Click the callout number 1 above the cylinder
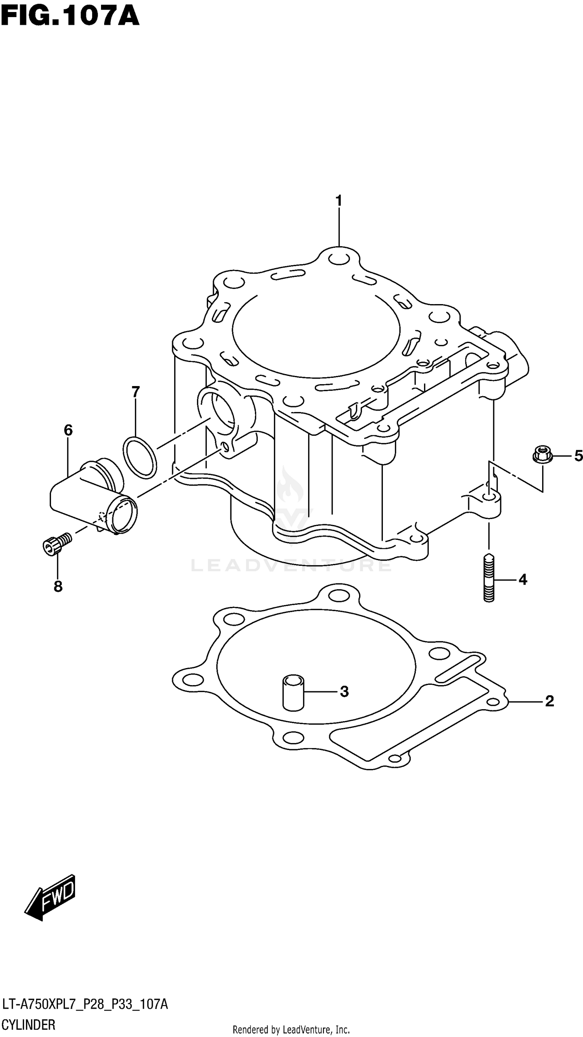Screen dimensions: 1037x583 339,200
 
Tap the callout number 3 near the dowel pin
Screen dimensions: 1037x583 344,692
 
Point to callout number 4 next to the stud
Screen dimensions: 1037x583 523,580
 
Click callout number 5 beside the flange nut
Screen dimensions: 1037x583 578,456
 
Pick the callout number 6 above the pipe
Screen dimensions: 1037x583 68,430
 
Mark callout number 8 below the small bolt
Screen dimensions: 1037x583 58,586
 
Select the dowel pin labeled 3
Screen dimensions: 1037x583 293,692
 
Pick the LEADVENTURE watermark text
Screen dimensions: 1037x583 291,565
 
